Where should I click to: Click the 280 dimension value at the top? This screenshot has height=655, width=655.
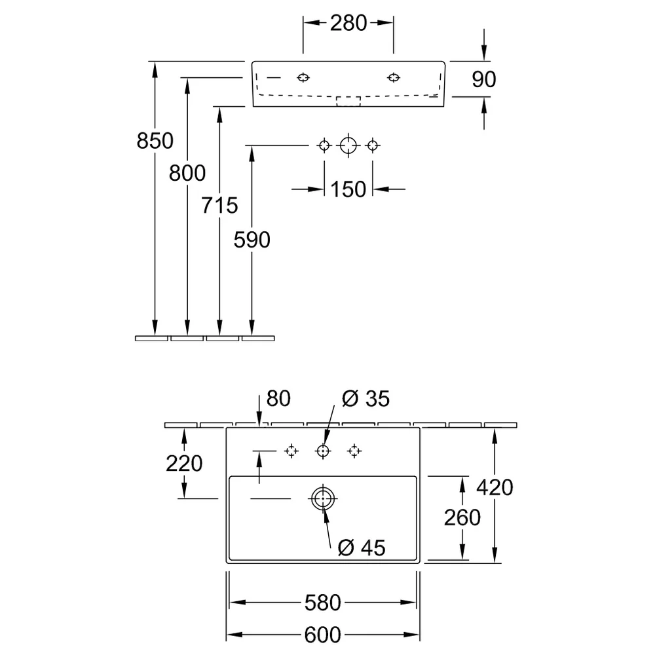click(x=348, y=24)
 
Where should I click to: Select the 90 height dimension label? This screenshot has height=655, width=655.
click(x=484, y=79)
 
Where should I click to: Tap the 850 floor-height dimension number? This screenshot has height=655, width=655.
click(x=155, y=141)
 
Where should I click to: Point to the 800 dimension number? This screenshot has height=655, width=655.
click(x=187, y=173)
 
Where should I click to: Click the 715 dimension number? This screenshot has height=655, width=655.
click(x=219, y=206)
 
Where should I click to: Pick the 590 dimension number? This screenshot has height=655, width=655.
click(x=252, y=240)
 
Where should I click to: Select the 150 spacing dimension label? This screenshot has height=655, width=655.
click(x=348, y=190)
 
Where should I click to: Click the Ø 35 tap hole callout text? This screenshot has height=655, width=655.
click(x=365, y=398)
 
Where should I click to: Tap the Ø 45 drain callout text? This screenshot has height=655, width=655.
click(x=362, y=548)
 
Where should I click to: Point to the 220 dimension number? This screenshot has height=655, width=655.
click(x=184, y=464)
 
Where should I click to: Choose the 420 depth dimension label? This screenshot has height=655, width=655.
click(x=495, y=487)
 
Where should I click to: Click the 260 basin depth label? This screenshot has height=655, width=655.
click(x=462, y=518)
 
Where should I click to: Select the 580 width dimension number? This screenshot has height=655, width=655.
click(x=323, y=603)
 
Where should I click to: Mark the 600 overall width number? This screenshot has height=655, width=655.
click(x=323, y=635)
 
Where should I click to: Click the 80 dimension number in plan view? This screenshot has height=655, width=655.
click(x=278, y=398)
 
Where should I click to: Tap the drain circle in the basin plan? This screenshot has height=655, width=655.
click(x=323, y=487)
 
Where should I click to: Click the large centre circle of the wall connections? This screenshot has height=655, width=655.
click(x=348, y=138)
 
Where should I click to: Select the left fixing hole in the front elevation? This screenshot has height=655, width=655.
click(x=303, y=74)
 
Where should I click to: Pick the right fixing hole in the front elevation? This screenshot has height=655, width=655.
click(x=394, y=74)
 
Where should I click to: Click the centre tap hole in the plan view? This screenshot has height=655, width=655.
click(x=323, y=445)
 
